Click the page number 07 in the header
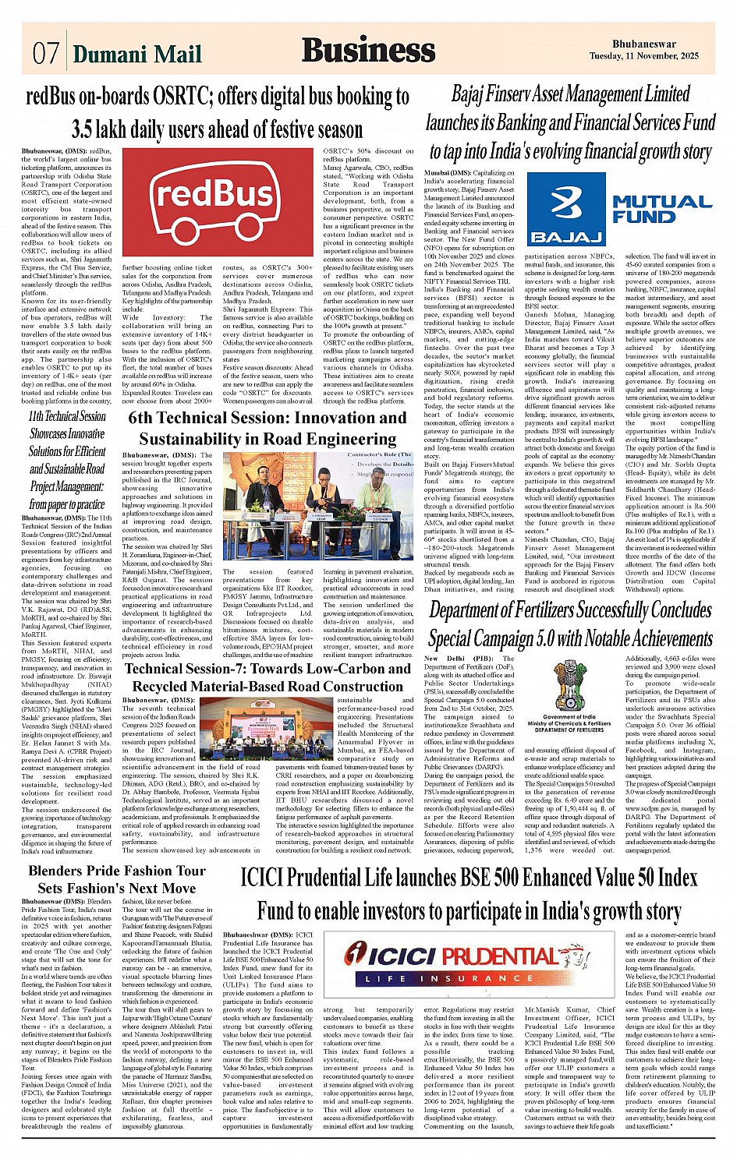(45, 53)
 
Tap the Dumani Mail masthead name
(136, 54)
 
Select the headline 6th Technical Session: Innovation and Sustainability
(268, 428)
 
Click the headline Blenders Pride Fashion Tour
(116, 871)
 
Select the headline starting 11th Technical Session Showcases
(67, 460)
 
